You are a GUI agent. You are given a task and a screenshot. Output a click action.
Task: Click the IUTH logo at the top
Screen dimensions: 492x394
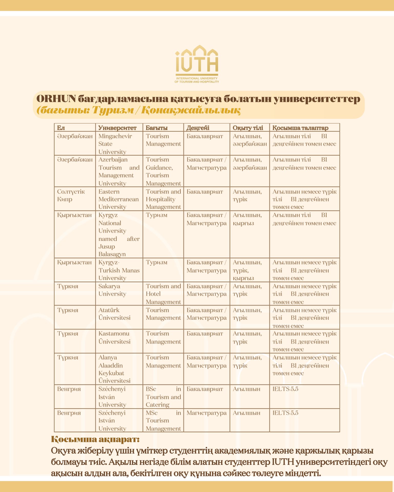[197, 64]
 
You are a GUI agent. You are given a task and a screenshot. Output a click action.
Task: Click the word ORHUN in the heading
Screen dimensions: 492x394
[56, 99]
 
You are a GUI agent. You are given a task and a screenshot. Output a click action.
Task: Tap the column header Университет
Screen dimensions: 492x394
[117, 128]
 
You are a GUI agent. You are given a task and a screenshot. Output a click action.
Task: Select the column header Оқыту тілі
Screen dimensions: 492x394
[248, 128]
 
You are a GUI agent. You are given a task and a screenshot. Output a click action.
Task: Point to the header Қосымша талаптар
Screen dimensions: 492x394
[300, 128]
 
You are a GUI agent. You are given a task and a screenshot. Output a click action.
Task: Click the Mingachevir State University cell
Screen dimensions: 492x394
[115, 144]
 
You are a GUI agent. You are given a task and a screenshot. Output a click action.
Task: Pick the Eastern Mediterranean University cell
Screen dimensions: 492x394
[119, 199]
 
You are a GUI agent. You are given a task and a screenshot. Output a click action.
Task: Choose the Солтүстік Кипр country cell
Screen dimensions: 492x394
[71, 195]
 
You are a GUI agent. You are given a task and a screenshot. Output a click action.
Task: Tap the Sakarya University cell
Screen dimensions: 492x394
[112, 290]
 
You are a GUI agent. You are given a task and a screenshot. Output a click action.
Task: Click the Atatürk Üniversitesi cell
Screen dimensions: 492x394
[114, 314]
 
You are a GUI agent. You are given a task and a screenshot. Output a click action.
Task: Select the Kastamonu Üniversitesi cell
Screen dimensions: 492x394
[114, 337]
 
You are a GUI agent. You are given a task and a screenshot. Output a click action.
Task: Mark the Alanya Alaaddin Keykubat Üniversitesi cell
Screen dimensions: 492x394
[114, 369]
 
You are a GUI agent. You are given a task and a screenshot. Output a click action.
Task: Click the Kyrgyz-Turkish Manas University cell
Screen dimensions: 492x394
[119, 270]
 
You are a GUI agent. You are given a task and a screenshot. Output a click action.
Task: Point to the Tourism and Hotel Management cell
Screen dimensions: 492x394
[163, 294]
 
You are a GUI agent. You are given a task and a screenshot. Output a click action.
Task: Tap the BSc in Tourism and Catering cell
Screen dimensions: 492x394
[163, 397]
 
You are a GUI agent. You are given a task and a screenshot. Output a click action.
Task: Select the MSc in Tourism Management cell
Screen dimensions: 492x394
[163, 421]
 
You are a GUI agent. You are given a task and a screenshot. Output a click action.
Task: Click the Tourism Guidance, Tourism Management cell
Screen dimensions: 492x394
[163, 171]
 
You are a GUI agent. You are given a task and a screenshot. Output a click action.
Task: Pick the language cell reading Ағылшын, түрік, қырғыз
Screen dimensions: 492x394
[247, 270]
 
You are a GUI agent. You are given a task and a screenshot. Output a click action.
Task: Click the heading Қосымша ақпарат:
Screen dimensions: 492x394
[95, 439]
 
